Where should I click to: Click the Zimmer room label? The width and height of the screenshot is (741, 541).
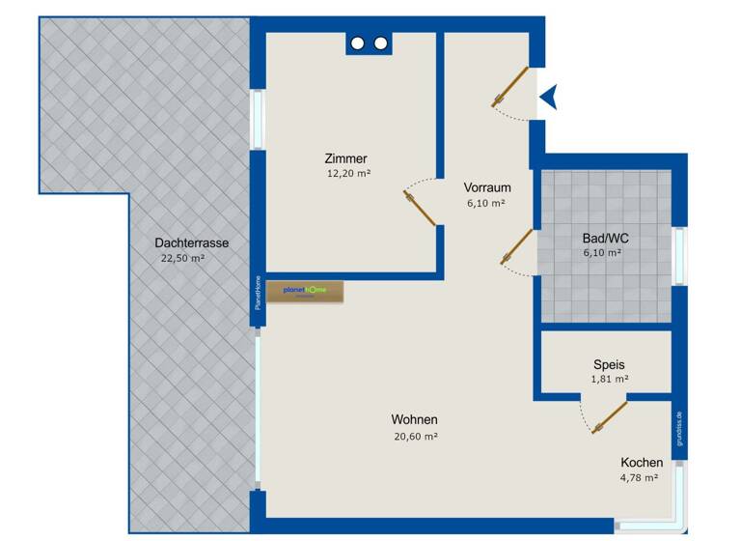345,158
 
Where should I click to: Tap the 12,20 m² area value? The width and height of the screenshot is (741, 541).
349,174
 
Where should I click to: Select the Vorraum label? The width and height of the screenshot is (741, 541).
486,187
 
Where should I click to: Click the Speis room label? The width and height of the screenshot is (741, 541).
609,365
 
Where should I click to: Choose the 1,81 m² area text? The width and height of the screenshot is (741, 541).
608,380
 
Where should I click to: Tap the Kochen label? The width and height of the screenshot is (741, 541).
642,463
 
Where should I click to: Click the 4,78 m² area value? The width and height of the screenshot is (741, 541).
639,477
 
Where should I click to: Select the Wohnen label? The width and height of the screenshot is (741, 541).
415,420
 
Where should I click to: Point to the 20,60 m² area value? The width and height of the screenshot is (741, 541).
416,437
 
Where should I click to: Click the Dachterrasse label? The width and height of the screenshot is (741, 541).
184,242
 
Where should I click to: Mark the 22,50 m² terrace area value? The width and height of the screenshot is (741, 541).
182,258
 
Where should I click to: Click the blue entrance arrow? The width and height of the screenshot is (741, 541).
549,96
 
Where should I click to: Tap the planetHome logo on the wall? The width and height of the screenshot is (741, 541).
305,291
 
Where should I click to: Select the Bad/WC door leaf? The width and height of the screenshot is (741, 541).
517,245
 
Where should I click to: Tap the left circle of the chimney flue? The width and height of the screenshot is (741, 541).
359,43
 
